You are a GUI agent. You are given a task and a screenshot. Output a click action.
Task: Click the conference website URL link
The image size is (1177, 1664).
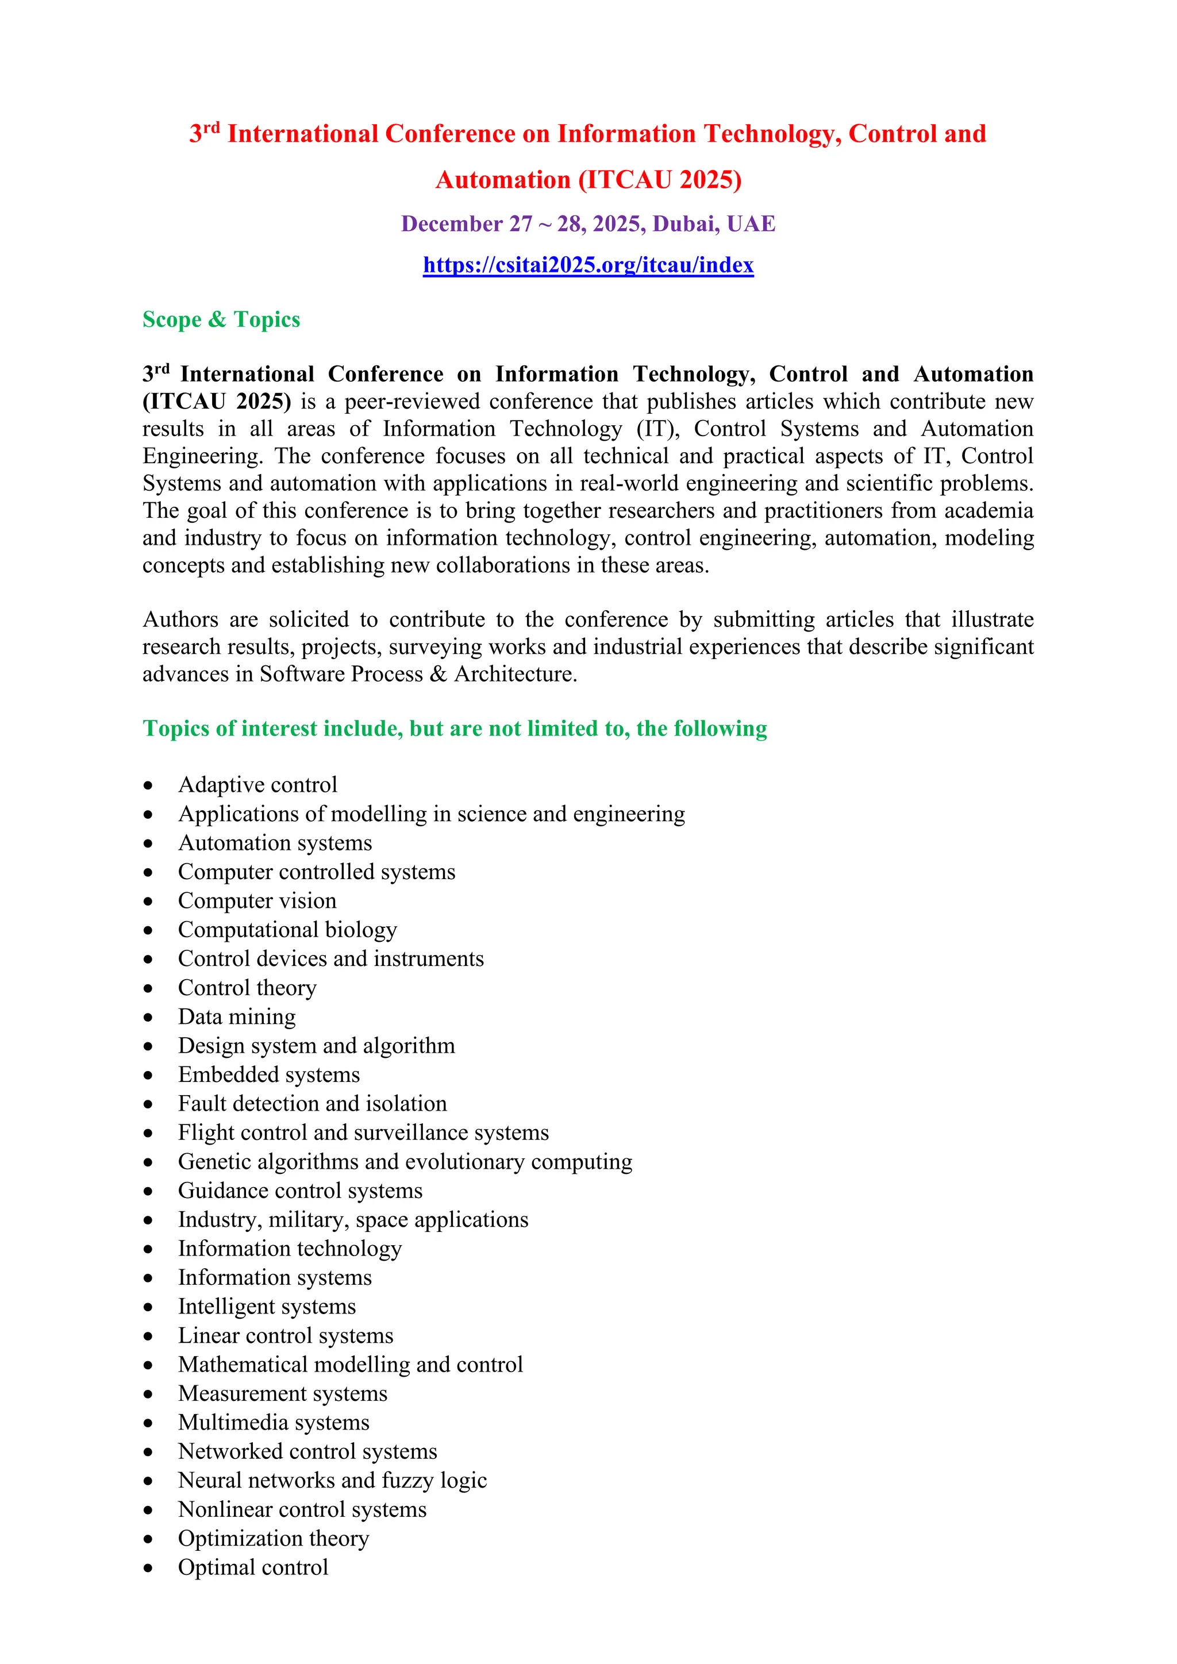tap(588, 265)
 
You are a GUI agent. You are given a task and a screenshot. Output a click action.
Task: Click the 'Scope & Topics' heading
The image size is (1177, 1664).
tap(221, 319)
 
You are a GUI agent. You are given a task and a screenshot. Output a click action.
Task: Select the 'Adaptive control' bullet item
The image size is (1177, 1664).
tap(257, 785)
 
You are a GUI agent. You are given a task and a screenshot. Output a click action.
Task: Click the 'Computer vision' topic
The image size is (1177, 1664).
tap(257, 901)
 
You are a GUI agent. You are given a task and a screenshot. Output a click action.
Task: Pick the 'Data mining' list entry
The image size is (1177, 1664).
tap(237, 1017)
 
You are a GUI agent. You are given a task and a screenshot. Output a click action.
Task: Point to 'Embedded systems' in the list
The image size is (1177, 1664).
tap(269, 1075)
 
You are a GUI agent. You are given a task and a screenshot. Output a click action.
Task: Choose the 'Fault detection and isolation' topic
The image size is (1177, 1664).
tap(313, 1104)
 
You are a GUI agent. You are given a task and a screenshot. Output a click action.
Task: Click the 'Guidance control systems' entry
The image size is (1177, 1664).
tap(300, 1191)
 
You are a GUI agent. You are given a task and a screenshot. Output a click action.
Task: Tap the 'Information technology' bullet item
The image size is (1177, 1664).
tap(290, 1249)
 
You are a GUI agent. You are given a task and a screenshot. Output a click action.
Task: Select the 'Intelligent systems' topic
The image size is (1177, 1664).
tap(267, 1307)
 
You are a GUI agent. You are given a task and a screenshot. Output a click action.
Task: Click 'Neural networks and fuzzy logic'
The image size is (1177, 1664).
tap(332, 1481)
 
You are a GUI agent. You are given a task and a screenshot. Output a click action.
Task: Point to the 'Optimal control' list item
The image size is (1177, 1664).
tap(253, 1567)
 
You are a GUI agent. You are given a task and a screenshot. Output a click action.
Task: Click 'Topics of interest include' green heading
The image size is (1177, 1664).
tap(455, 729)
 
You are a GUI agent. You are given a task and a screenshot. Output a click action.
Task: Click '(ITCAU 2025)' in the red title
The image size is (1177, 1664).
tap(660, 180)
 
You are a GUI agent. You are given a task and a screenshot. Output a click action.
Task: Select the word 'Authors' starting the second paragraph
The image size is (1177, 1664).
tap(178, 619)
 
